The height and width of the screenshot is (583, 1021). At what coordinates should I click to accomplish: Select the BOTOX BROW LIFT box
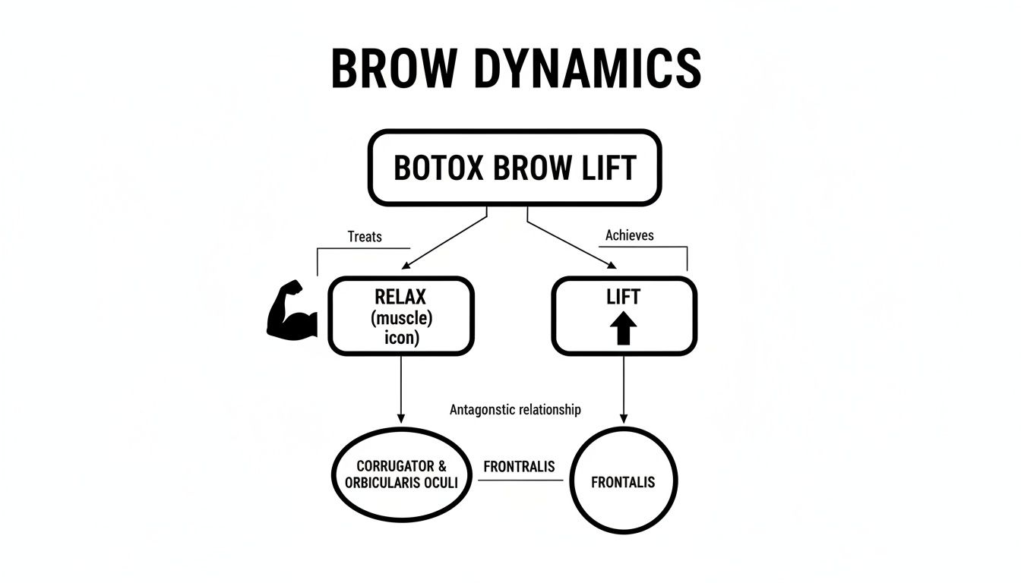515,169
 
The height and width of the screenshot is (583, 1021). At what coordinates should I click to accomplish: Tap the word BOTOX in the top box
439,169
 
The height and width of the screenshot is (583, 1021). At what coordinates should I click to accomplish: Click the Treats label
365,237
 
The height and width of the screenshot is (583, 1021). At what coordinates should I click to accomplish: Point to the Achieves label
629,235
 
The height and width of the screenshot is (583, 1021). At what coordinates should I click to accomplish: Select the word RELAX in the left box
401,297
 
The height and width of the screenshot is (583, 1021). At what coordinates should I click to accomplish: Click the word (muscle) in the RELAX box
401,317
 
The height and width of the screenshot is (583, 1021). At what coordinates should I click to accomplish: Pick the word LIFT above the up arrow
623,296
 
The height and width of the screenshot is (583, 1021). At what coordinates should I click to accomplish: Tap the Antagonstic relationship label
515,410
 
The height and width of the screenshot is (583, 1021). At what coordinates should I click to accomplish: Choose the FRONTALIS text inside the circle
623,482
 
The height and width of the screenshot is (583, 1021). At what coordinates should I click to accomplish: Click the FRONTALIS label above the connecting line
520,466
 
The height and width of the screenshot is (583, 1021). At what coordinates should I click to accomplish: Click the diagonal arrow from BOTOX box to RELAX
444,241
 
